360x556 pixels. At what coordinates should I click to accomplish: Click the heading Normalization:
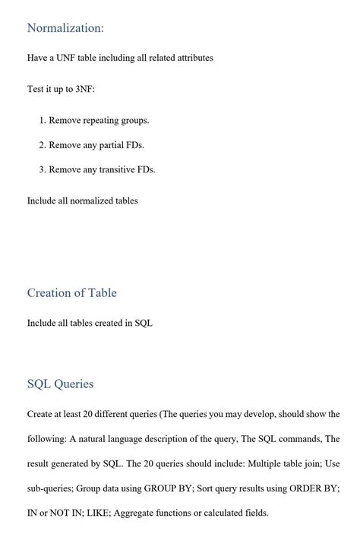(65, 28)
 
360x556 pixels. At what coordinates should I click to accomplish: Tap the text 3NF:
(85, 89)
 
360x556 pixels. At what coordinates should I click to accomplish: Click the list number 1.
(42, 120)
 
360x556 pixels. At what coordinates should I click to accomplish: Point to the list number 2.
(42, 144)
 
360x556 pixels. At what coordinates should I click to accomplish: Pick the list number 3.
(42, 169)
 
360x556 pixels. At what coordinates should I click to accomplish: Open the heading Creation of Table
(72, 293)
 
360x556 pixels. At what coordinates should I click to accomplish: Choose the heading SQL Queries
(61, 384)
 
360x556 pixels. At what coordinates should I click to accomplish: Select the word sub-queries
(51, 488)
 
